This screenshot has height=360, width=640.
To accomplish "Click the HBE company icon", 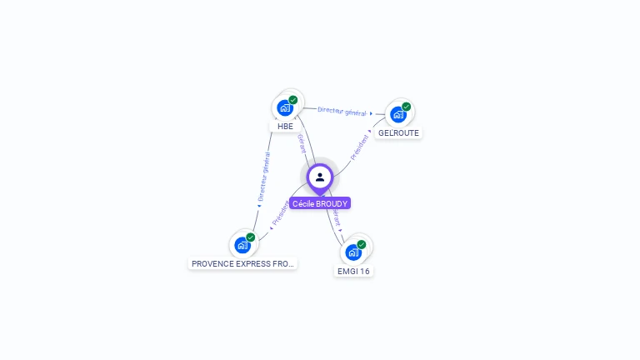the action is click(x=285, y=107).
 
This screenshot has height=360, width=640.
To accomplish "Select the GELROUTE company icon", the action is click(x=397, y=114).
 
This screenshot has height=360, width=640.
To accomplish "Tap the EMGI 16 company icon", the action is click(x=353, y=252).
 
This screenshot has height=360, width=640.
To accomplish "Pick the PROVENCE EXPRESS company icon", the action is click(x=242, y=245).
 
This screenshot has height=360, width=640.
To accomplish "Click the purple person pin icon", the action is click(x=320, y=177).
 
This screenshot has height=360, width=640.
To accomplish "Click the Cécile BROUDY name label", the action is click(x=320, y=203).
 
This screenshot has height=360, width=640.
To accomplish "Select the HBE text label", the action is click(x=285, y=127).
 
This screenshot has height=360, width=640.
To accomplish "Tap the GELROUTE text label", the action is click(x=398, y=132).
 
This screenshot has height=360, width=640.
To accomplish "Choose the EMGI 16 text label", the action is click(x=353, y=271).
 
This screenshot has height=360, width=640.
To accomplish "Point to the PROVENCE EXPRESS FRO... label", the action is click(x=242, y=263).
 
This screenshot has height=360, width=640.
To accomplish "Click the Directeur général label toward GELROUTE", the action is click(x=342, y=111).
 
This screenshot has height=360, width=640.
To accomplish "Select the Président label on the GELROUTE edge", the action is click(x=359, y=146).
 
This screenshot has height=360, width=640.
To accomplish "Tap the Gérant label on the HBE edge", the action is click(x=302, y=142).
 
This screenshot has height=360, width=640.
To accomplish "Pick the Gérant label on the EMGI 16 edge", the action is click(x=337, y=218).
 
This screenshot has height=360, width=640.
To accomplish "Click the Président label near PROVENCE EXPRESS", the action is click(x=281, y=212).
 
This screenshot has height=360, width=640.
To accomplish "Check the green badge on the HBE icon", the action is click(x=293, y=100).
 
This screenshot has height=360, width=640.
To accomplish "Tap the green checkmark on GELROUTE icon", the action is click(x=406, y=107).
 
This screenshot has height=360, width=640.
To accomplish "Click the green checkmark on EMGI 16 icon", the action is click(x=362, y=244).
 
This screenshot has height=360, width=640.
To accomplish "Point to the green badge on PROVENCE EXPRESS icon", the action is click(x=250, y=237).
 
